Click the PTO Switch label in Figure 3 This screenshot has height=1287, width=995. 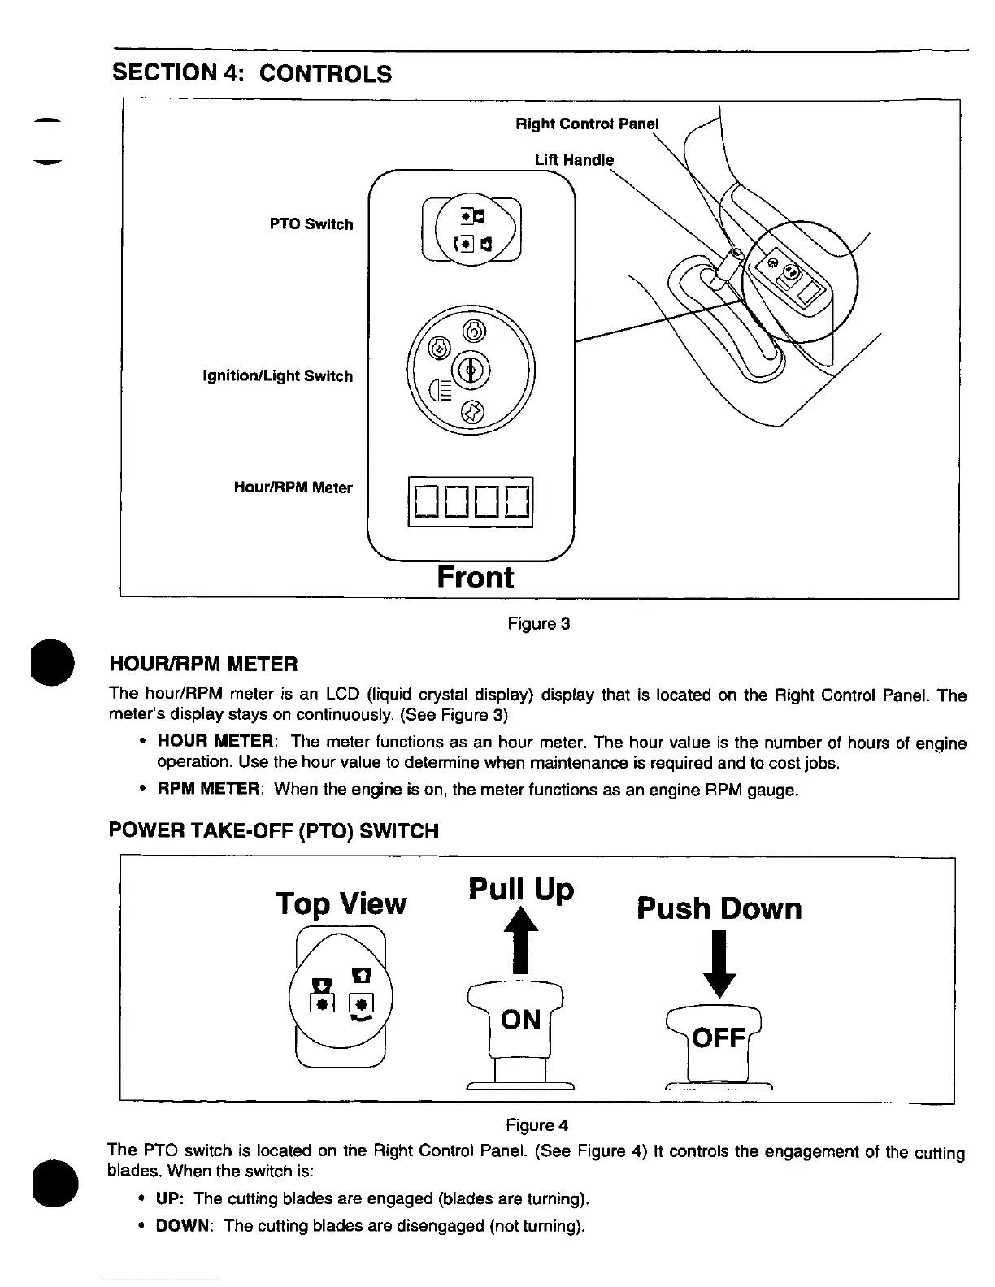coord(311,224)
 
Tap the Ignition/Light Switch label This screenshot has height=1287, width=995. coord(277,376)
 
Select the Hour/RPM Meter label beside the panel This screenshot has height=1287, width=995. coord(293,487)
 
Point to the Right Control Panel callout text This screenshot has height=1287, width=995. coord(588,124)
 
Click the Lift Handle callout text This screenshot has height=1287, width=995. coord(574,159)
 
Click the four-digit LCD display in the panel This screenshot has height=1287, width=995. coord(471,502)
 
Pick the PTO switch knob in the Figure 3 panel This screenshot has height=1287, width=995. coord(471,229)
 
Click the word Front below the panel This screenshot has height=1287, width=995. coord(475,577)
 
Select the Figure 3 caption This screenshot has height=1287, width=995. coord(539,624)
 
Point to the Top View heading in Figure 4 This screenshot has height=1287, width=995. coord(341,903)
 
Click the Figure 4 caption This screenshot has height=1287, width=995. coord(537,1125)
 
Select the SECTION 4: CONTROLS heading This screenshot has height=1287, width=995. coord(252,73)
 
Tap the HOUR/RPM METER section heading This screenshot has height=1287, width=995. coord(203,665)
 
